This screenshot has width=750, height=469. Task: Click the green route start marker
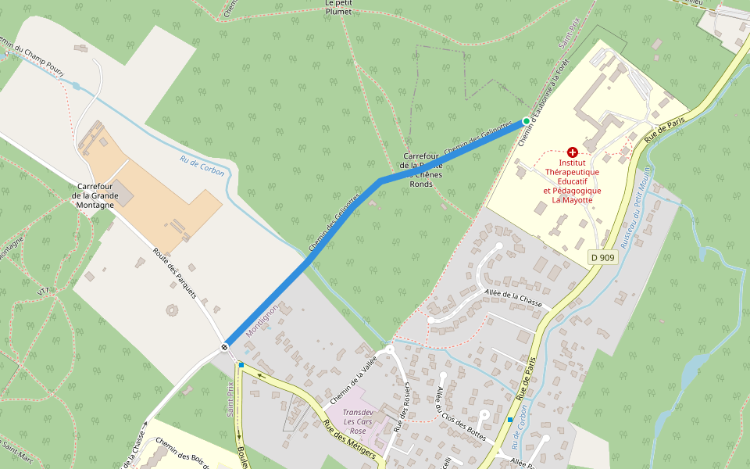pos(526,120)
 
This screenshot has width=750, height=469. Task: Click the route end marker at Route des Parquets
pos(224,346)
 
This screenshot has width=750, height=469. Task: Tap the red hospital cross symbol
pos(573,152)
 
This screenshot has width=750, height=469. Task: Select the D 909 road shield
pos(602,256)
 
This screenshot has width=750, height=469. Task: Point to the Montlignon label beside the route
pos(262,320)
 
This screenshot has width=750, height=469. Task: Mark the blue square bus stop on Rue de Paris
pos(509,420)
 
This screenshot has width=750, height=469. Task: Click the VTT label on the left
pos(43,290)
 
